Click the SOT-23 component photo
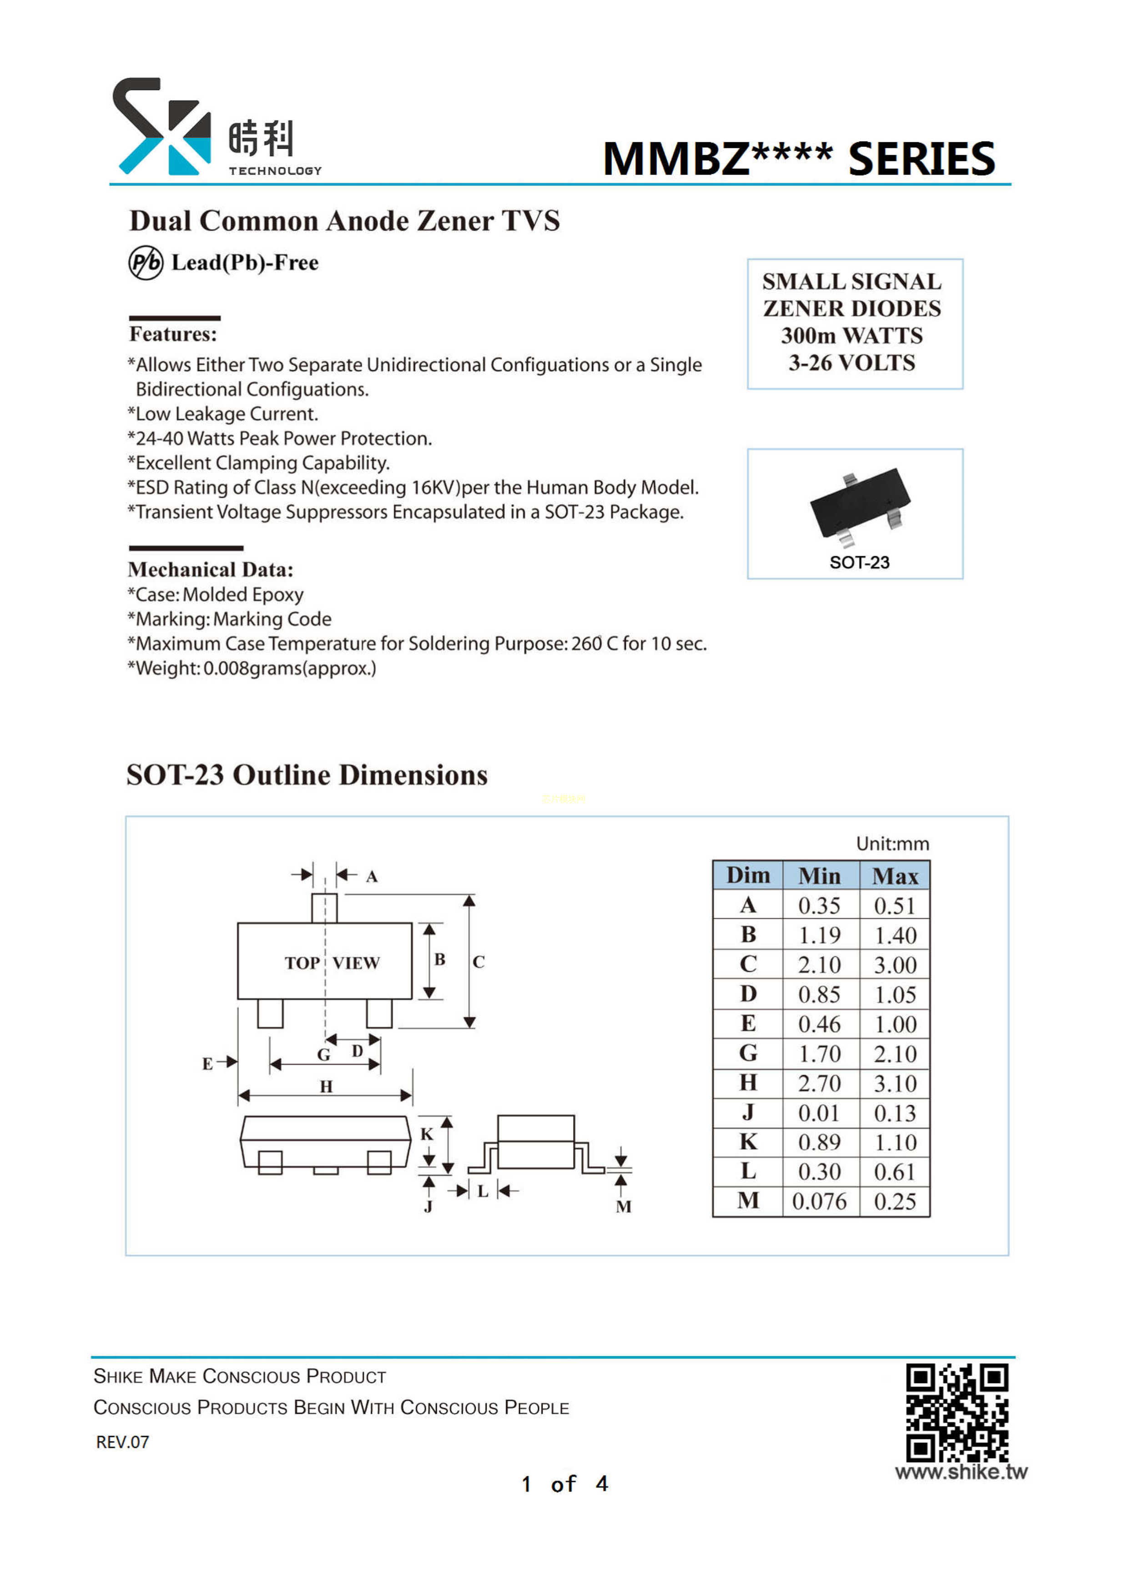tap(860, 507)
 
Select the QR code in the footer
tap(957, 1412)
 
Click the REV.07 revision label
tap(122, 1442)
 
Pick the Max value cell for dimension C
tap(895, 964)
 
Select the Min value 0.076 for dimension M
tap(820, 1201)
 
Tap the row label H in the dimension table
tap(748, 1082)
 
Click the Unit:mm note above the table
tap(892, 843)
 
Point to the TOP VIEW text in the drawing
tap(332, 963)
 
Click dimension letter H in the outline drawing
tap(327, 1086)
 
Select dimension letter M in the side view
tap(624, 1207)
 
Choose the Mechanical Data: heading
tap(211, 569)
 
